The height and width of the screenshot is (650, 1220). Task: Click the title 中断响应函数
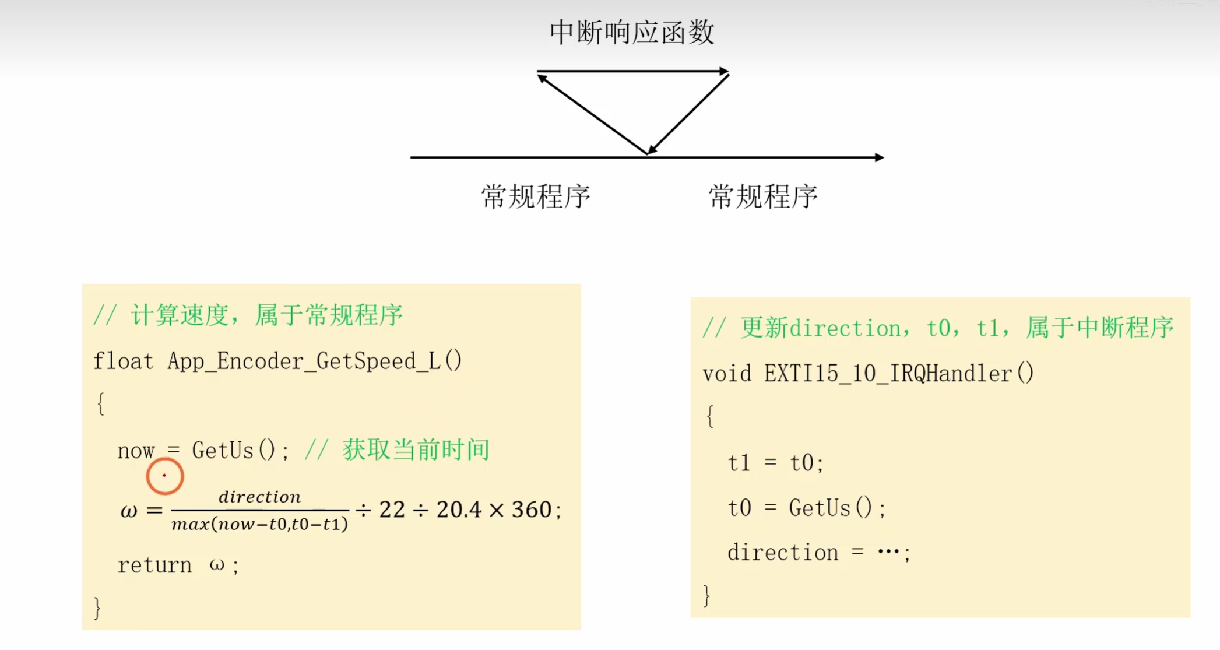(631, 32)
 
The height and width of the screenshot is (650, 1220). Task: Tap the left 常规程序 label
(535, 196)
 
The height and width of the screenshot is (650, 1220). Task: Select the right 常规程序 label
(762, 196)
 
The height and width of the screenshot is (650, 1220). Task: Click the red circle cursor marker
(165, 476)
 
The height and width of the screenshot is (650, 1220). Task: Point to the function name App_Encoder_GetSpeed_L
(303, 361)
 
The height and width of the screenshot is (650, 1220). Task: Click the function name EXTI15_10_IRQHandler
(887, 374)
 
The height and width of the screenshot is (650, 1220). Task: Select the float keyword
(123, 361)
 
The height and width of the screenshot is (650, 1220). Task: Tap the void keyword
(726, 374)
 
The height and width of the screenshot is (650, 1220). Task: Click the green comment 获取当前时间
(416, 450)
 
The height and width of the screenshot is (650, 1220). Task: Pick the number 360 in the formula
(531, 510)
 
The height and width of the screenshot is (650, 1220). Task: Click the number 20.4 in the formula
(459, 510)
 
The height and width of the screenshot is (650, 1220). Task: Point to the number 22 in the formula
(392, 510)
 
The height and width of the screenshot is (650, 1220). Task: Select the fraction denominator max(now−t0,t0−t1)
(259, 524)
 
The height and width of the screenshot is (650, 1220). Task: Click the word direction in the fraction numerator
(259, 497)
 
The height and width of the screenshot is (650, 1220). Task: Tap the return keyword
(154, 565)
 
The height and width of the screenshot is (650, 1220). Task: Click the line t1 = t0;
(775, 463)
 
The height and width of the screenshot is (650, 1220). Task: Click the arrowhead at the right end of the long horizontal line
(880, 157)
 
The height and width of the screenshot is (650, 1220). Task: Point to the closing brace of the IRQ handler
(707, 595)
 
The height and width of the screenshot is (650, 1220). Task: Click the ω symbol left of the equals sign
(129, 511)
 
